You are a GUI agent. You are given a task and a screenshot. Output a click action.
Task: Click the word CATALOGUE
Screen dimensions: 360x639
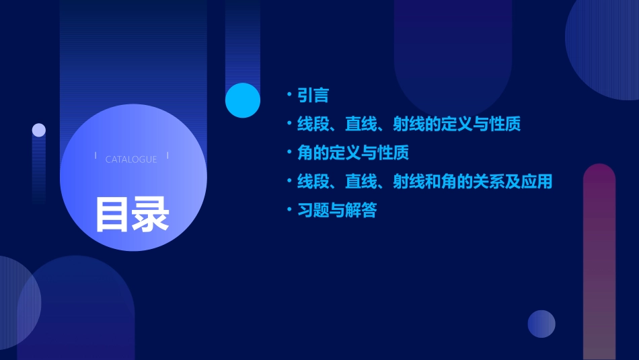pos(131,159)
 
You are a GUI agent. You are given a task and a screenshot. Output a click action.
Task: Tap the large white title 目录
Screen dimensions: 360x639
pos(132,213)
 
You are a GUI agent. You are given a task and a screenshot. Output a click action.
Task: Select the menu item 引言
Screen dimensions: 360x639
pos(313,95)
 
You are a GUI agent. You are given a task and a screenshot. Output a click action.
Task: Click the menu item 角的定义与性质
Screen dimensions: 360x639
pos(353,153)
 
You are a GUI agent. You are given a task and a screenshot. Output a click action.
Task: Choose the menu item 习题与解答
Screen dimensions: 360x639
pos(337,211)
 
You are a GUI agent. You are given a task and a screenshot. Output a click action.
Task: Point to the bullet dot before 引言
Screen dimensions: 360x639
pos(289,95)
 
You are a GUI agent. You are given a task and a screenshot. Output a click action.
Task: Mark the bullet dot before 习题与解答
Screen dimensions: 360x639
pos(289,211)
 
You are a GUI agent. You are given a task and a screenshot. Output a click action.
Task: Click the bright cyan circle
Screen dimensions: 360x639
pos(242,100)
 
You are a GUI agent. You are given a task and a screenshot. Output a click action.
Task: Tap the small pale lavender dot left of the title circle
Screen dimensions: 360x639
pos(39,130)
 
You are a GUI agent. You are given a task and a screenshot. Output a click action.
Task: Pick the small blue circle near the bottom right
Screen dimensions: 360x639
pos(541,324)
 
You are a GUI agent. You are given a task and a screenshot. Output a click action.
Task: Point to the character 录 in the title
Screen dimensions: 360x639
pos(151,213)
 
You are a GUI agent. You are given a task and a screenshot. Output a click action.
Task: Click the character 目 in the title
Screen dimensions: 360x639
pos(112,213)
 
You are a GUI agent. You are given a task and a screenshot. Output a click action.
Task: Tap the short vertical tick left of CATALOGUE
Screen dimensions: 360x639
pos(96,155)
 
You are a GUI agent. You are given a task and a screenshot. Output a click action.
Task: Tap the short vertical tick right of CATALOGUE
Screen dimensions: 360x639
pos(167,155)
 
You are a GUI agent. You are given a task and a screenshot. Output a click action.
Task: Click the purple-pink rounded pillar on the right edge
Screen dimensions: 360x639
pos(599,262)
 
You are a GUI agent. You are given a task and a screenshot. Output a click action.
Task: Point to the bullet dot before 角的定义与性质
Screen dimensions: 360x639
pos(289,153)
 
